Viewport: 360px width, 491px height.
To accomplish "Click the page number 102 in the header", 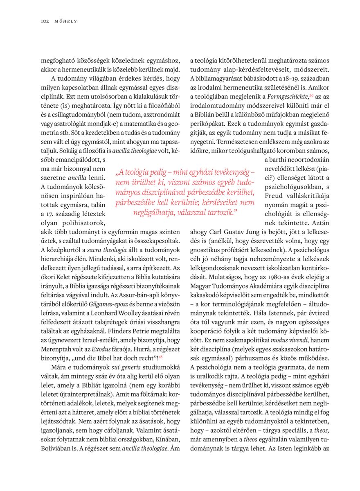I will coord(45,21).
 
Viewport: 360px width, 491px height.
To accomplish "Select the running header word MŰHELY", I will coord(66,21).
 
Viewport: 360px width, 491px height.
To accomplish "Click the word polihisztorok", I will coord(85,223).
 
